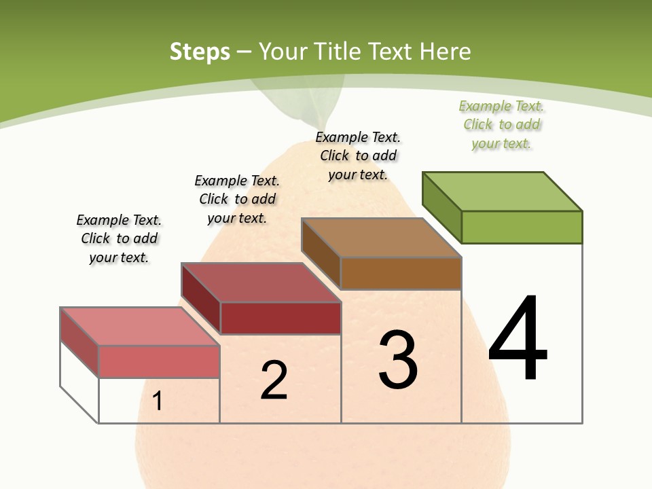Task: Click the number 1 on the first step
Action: pyautogui.click(x=158, y=401)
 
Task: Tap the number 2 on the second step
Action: pyautogui.click(x=274, y=380)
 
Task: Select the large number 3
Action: pyautogui.click(x=398, y=360)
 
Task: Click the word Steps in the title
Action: pyautogui.click(x=200, y=52)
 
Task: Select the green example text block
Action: pyautogui.click(x=502, y=125)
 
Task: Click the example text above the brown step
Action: pyautogui.click(x=358, y=156)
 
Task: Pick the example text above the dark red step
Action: pyautogui.click(x=237, y=199)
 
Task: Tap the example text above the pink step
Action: pyautogui.click(x=119, y=238)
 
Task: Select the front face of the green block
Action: pyautogui.click(x=522, y=227)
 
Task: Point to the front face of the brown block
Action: pyautogui.click(x=401, y=273)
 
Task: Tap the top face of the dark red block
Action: pyautogui.click(x=261, y=283)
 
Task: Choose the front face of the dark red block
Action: pyautogui.click(x=280, y=318)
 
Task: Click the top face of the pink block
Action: pyautogui.click(x=140, y=327)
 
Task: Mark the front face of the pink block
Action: pyautogui.click(x=159, y=361)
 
